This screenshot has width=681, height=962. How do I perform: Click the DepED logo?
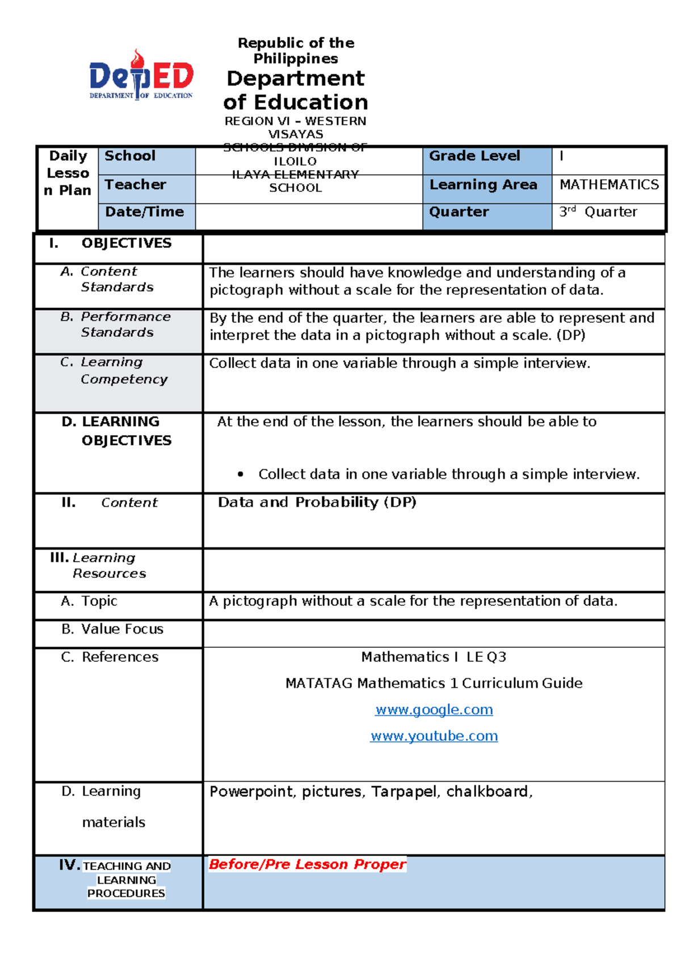(x=141, y=75)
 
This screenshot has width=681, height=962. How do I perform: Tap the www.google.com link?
(x=434, y=710)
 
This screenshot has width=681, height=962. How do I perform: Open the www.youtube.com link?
(x=434, y=736)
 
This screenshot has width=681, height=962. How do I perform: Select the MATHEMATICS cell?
(x=609, y=184)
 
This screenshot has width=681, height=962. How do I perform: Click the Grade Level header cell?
(x=474, y=156)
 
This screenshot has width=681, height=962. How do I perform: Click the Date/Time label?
(x=144, y=212)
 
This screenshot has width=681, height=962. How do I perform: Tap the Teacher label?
(x=135, y=184)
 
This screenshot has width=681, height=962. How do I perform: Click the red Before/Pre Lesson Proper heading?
(x=307, y=864)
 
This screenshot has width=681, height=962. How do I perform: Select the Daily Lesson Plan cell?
(x=68, y=173)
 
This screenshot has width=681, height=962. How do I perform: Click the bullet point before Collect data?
(x=241, y=474)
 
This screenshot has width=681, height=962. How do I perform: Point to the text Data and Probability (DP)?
(x=317, y=502)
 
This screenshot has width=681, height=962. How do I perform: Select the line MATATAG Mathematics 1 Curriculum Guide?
(x=434, y=683)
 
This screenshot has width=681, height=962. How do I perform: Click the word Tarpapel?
(x=405, y=791)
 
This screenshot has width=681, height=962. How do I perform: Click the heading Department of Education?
(x=295, y=90)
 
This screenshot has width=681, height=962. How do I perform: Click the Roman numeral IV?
(x=69, y=864)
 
